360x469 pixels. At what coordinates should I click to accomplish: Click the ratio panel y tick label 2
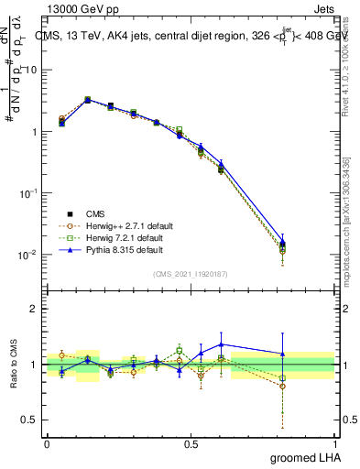tap(34, 310)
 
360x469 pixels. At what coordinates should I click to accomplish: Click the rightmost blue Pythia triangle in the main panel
tap(282, 243)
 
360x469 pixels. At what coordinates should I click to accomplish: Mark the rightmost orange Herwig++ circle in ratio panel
tap(282, 386)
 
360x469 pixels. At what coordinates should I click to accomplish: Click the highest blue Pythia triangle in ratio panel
tap(221, 344)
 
